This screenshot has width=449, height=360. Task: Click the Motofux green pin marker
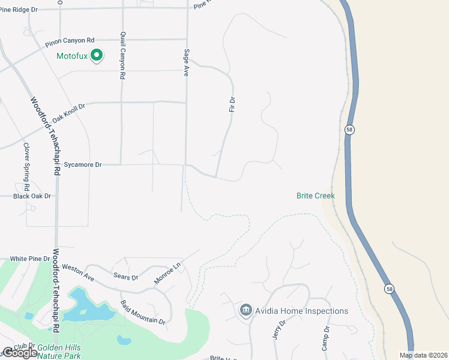click(97, 56)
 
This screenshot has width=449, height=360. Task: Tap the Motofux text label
click(72, 57)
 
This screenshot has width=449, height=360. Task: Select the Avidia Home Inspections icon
click(245, 310)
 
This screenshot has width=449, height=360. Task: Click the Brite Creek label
click(315, 196)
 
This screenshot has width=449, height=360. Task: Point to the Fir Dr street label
click(232, 104)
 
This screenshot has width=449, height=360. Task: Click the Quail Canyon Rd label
click(122, 56)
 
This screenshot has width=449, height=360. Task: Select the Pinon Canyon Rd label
click(70, 42)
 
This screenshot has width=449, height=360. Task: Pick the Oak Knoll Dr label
click(69, 113)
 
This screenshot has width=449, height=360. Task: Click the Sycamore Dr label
click(83, 164)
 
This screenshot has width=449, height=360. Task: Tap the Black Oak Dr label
click(32, 196)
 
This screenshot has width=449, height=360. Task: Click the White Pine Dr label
click(30, 259)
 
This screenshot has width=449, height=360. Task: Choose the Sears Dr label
click(125, 277)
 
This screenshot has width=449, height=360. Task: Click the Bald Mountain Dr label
click(143, 313)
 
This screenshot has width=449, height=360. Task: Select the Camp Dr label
click(326, 338)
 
